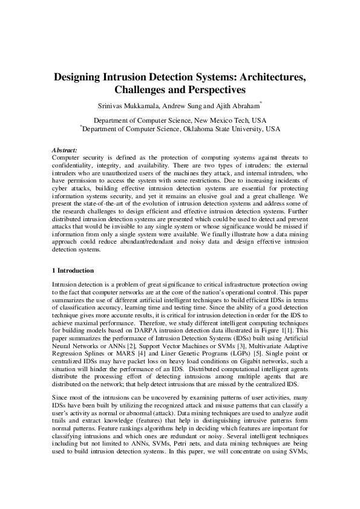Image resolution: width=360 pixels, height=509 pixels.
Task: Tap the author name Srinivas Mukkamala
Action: [129, 107]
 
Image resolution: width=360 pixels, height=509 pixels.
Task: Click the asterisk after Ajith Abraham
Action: [261, 104]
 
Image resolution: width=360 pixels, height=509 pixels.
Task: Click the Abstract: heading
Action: [65, 149]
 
